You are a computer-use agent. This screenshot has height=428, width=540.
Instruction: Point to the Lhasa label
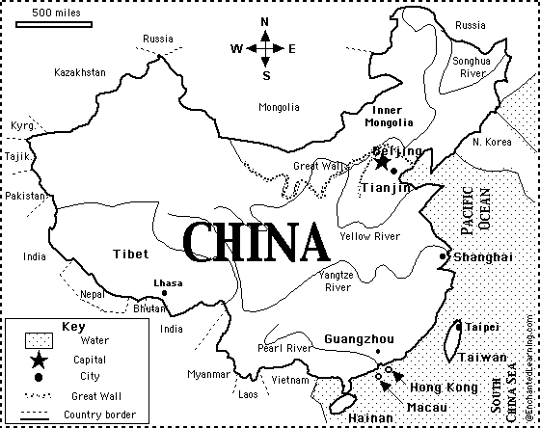point(168,282)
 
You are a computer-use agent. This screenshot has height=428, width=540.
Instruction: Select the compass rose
point(263,47)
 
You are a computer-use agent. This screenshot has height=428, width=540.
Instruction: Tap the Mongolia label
point(280,107)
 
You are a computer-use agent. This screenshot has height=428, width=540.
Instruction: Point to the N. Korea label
point(493,142)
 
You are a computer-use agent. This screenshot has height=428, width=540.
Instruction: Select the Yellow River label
point(369,235)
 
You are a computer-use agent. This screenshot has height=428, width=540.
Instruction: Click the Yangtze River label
point(337,281)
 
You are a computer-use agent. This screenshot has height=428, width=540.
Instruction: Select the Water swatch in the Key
point(38,340)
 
